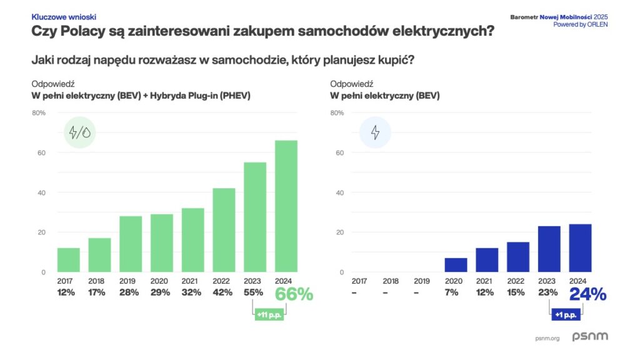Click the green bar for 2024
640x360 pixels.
pyautogui.click(x=286, y=206)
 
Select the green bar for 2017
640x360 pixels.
pyautogui.click(x=69, y=260)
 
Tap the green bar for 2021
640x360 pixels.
pyautogui.click(x=193, y=240)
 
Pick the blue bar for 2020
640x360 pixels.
pyautogui.click(x=456, y=265)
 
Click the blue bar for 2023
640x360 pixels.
pyautogui.click(x=549, y=249)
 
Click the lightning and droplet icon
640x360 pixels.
pyautogui.click(x=79, y=132)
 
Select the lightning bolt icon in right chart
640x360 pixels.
pyautogui.click(x=375, y=132)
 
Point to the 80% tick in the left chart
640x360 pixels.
pyautogui.click(x=39, y=113)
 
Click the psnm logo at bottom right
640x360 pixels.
pyautogui.click(x=589, y=337)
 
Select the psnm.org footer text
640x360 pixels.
pyautogui.click(x=547, y=338)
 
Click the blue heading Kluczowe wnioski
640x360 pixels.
pyautogui.click(x=64, y=17)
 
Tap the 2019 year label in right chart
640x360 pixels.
pyautogui.click(x=422, y=281)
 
